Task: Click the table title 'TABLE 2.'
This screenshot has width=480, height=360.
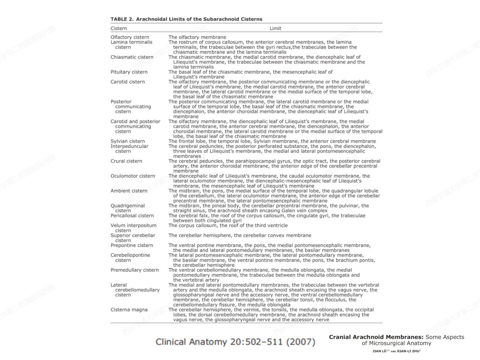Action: point(122,19)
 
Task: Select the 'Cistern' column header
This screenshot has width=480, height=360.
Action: point(119,28)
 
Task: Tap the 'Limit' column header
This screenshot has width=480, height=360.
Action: point(275,28)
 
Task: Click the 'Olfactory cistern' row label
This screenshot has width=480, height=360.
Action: point(130,37)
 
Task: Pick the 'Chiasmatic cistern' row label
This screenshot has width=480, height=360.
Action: point(132,57)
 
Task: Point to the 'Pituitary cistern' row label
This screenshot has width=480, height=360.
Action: point(129,72)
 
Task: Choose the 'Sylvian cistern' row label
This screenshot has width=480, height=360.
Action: point(128,141)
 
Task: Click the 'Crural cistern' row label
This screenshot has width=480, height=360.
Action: point(126,161)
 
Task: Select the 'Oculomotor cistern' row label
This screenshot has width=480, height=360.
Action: point(133,176)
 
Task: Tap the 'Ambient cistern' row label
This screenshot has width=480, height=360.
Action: point(129,191)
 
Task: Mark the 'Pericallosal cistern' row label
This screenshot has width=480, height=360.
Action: point(132,216)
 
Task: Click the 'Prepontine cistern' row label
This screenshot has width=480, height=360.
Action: point(131,245)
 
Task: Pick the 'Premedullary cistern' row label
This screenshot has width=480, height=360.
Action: point(134,270)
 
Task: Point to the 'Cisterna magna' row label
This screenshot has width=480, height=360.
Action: point(129,310)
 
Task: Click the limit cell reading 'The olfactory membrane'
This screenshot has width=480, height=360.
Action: point(197,37)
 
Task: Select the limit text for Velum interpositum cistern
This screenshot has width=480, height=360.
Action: point(228,226)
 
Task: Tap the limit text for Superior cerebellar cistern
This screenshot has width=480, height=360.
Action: point(240,235)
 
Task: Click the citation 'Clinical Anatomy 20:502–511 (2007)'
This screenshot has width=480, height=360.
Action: point(235,342)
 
